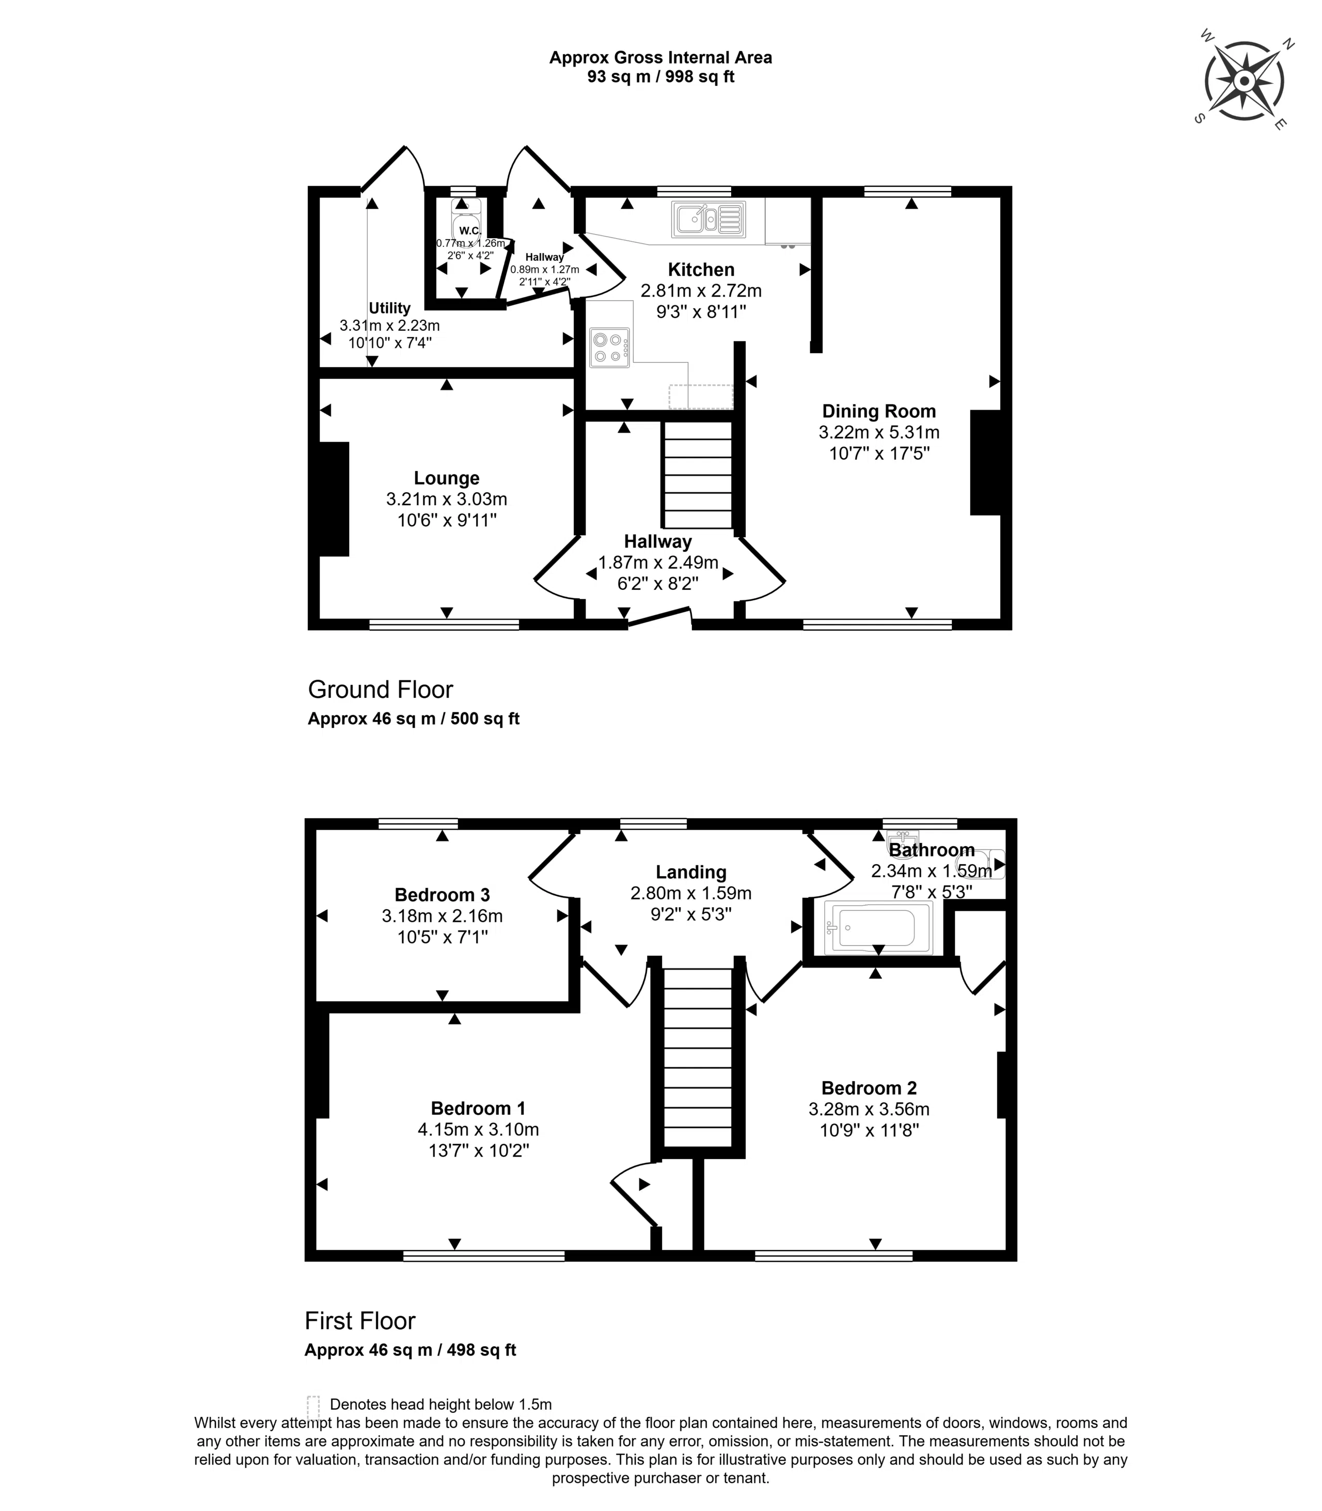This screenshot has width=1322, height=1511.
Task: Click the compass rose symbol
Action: (x=1244, y=81)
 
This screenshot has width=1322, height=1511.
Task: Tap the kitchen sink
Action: (x=707, y=219)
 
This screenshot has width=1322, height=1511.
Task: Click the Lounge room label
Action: (x=446, y=478)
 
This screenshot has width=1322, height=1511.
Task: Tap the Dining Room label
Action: (x=878, y=411)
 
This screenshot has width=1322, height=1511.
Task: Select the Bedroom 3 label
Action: (x=442, y=895)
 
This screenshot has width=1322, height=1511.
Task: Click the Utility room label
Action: (x=389, y=308)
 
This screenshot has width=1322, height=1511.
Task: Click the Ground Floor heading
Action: (x=380, y=689)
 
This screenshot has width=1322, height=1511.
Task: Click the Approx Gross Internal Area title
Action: (x=661, y=57)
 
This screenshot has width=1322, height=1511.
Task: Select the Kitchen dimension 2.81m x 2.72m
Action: (x=701, y=291)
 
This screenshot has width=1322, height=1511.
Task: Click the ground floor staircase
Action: (x=698, y=474)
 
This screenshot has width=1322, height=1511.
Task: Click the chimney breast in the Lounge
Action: (x=334, y=499)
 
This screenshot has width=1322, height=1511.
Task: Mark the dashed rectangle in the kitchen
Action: (x=701, y=397)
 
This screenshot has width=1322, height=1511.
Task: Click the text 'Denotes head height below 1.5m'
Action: (x=440, y=1404)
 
